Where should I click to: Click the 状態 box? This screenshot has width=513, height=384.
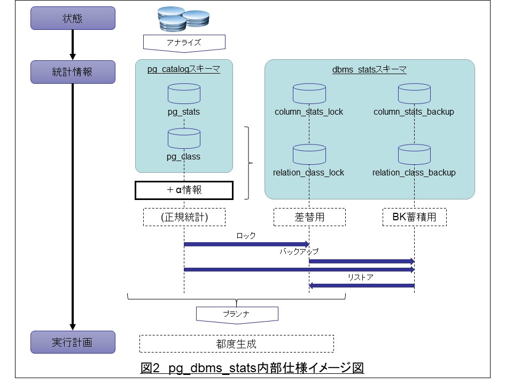(73, 18)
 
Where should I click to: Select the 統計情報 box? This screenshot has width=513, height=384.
(73, 71)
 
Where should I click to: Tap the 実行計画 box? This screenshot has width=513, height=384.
(73, 342)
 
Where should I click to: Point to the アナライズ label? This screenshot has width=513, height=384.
(184, 42)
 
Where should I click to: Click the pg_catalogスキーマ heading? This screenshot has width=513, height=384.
(184, 70)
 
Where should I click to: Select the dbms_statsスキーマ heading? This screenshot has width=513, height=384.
(369, 70)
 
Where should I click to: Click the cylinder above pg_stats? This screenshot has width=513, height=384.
(184, 93)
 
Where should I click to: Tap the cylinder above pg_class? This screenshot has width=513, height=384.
(184, 138)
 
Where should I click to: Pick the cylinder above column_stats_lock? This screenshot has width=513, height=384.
(309, 93)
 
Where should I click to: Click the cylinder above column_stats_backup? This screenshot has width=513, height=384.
(414, 93)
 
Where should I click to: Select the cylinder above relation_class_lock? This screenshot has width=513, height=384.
(309, 154)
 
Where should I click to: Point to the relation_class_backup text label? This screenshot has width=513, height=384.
(414, 172)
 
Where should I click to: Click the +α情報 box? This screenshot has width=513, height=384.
(184, 189)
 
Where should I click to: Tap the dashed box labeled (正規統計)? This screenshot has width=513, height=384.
(184, 217)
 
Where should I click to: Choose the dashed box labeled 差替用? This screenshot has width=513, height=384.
(309, 217)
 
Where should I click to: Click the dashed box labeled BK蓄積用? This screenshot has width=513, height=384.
(415, 217)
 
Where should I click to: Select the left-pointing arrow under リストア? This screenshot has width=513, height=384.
(362, 286)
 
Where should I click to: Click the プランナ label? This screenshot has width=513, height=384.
(237, 314)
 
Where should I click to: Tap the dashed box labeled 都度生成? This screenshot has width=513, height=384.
(236, 343)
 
